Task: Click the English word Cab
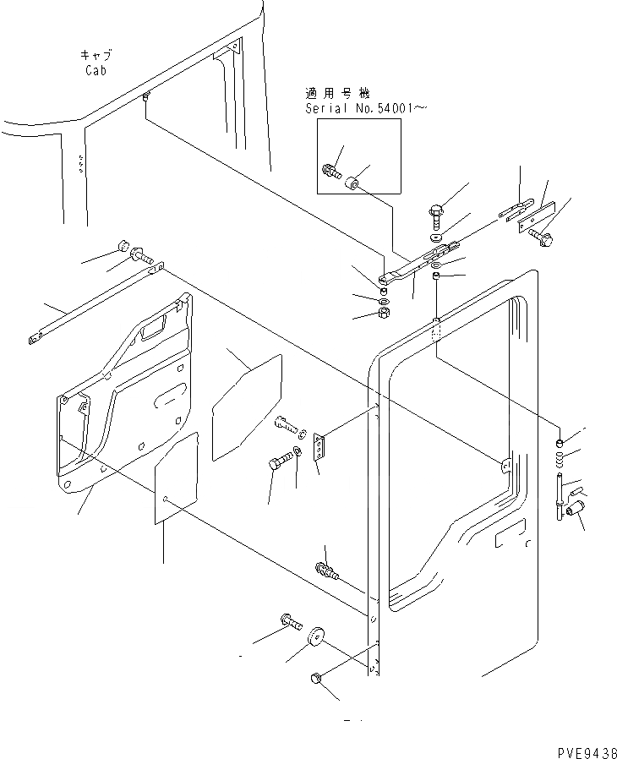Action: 96,70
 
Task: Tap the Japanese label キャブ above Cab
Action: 96,55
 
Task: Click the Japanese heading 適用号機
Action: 338,93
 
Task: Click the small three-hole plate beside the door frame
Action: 320,448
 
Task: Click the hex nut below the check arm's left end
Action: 382,314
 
